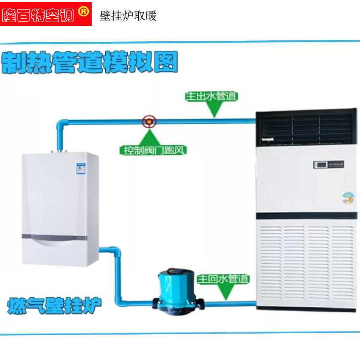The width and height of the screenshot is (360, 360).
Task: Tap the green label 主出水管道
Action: click(212, 96)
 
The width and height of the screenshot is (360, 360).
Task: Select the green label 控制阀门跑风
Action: click(153, 150)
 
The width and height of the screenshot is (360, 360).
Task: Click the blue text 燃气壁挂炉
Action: click(55, 305)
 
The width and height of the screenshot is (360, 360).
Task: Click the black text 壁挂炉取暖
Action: click(128, 16)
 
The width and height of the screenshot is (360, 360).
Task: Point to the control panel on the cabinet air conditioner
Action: click(329, 165)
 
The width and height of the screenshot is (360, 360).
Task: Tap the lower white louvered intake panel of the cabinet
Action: click(307, 264)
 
